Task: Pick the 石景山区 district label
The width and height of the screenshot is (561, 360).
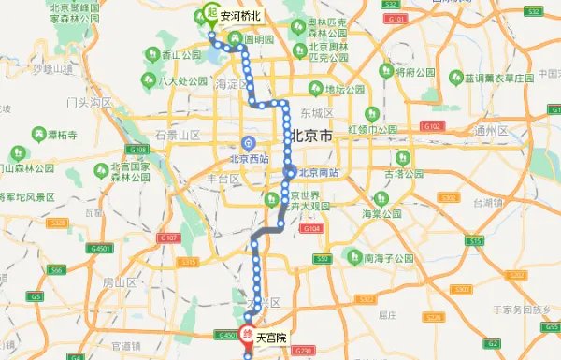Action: [177, 135]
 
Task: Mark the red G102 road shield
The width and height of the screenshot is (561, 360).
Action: [431, 125]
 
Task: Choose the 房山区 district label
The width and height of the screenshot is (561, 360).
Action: [120, 281]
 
